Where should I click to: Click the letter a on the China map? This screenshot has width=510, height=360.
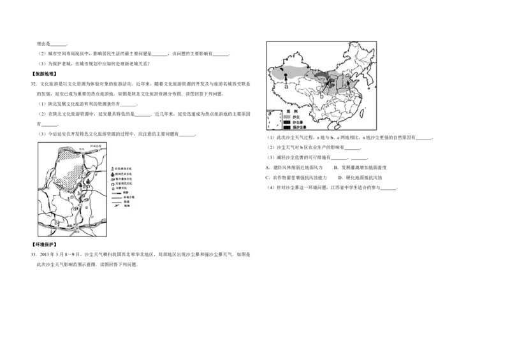pyautogui.click(x=286, y=86)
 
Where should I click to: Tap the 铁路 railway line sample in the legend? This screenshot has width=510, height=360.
pyautogui.click(x=116, y=194)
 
